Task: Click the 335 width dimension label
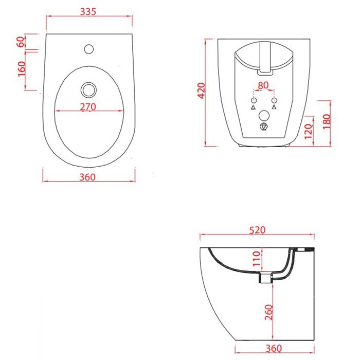click(88, 11)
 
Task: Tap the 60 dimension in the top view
click(21, 42)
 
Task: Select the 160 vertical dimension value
click(22, 68)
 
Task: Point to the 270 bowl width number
click(88, 107)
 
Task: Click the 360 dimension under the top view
click(87, 177)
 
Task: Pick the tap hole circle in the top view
click(89, 49)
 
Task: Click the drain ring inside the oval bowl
click(88, 89)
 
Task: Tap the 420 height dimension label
click(202, 91)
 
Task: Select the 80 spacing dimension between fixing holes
click(263, 85)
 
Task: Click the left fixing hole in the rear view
click(254, 100)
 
